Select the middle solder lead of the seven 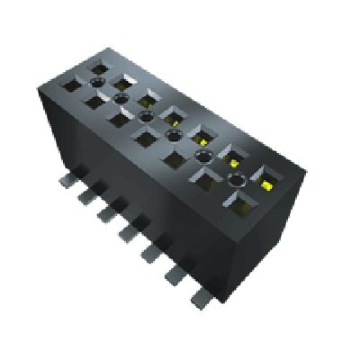click(129, 230)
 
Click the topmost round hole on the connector click(121, 96)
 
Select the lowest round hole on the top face click(237, 181)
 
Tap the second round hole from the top click(146, 116)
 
